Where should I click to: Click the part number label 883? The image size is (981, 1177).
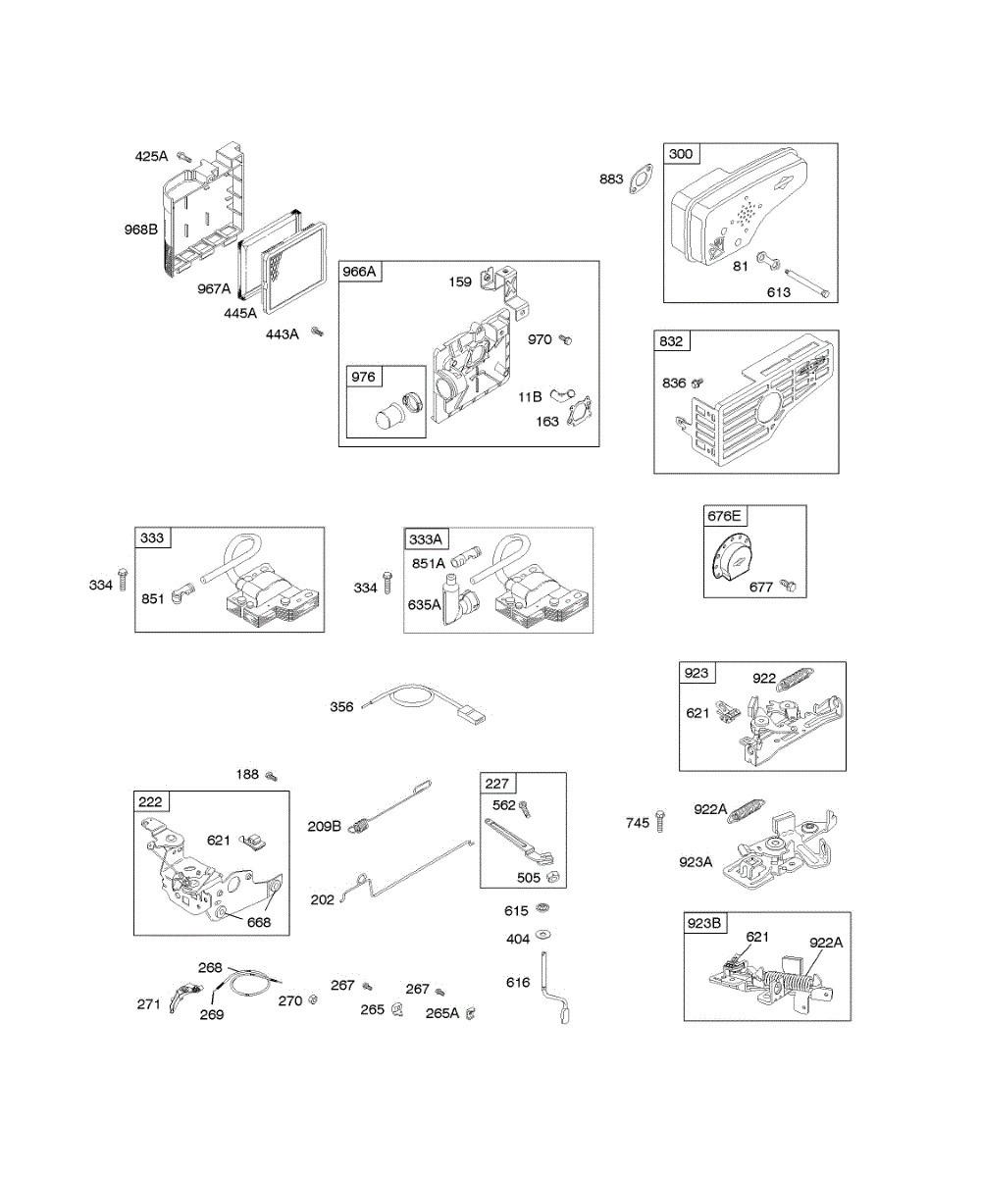[611, 179]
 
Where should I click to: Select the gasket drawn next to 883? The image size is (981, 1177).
[642, 179]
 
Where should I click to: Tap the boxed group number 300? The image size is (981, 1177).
[680, 154]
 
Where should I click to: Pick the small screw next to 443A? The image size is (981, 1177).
[317, 333]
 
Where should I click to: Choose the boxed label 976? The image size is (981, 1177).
[363, 377]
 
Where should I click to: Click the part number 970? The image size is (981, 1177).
[540, 339]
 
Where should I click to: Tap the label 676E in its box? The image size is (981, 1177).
[725, 516]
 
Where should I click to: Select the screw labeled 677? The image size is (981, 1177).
[788, 586]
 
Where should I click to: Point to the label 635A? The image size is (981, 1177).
[424, 604]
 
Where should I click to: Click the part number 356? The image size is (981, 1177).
[341, 706]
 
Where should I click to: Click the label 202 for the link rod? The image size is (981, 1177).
[322, 898]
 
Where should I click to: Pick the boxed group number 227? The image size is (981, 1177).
[497, 783]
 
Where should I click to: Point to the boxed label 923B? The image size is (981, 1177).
[705, 923]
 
